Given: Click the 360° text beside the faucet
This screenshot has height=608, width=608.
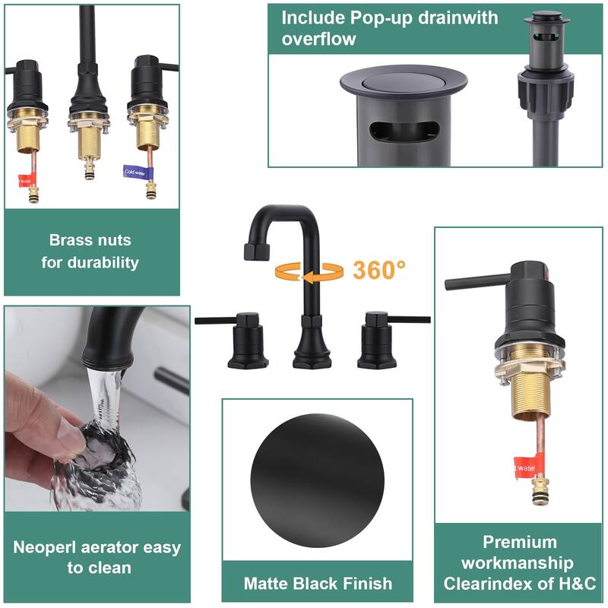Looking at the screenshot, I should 379,270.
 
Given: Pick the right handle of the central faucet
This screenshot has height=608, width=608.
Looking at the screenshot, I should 388,335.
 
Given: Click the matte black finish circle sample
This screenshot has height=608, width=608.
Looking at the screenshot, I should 318,472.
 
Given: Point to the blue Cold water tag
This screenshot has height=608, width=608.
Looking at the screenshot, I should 136,172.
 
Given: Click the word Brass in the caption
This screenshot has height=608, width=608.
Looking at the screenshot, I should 71,240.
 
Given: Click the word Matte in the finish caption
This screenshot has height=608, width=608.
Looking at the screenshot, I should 268,584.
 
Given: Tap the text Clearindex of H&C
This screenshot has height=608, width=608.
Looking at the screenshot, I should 521,584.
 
